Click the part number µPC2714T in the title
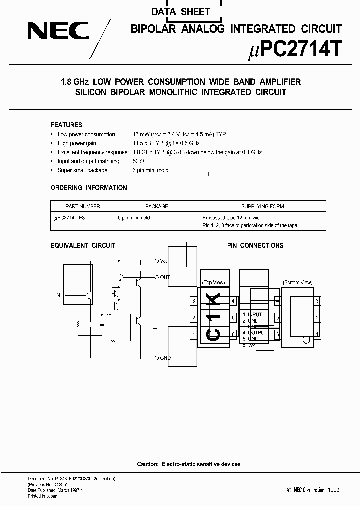click(x=294, y=49)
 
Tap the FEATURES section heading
click(x=66, y=125)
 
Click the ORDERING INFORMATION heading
click(x=89, y=188)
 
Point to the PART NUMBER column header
click(x=83, y=206)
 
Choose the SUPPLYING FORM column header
click(x=262, y=206)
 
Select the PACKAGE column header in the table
click(x=156, y=206)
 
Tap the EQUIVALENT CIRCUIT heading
click(x=83, y=245)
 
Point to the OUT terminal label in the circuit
click(x=165, y=277)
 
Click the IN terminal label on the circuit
click(x=57, y=295)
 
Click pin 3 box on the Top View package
click(x=193, y=301)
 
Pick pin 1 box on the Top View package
click(x=193, y=334)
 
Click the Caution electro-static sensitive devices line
click(x=189, y=464)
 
